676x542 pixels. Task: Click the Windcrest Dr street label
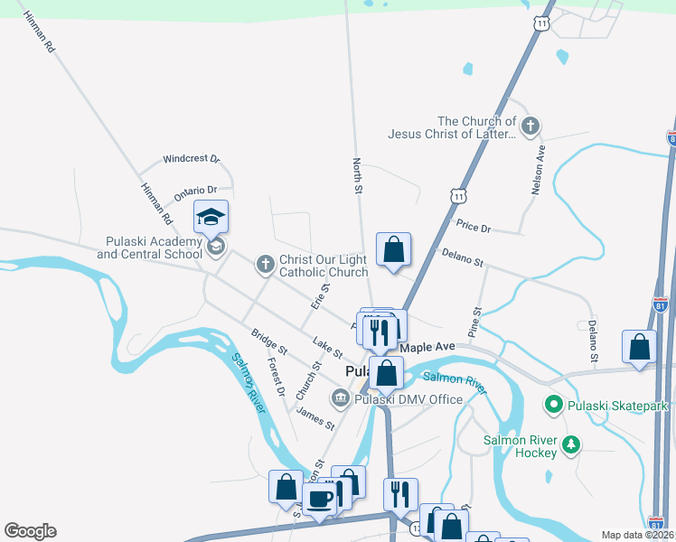[x=192, y=159]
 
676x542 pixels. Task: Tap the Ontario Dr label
[x=195, y=191]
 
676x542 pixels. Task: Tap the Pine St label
[x=475, y=322]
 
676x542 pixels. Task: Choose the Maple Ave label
[x=427, y=347]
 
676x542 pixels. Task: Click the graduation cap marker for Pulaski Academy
[x=211, y=218]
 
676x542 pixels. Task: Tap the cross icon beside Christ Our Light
[x=265, y=264]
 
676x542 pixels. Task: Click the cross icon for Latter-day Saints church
[x=530, y=126]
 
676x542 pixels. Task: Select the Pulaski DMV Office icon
[x=340, y=396]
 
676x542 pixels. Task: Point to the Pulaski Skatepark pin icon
[x=555, y=406]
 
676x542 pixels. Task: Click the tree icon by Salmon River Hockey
[x=570, y=444]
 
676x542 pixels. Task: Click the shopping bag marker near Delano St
[x=394, y=249]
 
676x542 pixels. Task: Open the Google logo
[x=30, y=531]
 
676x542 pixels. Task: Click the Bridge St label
[x=269, y=341]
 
